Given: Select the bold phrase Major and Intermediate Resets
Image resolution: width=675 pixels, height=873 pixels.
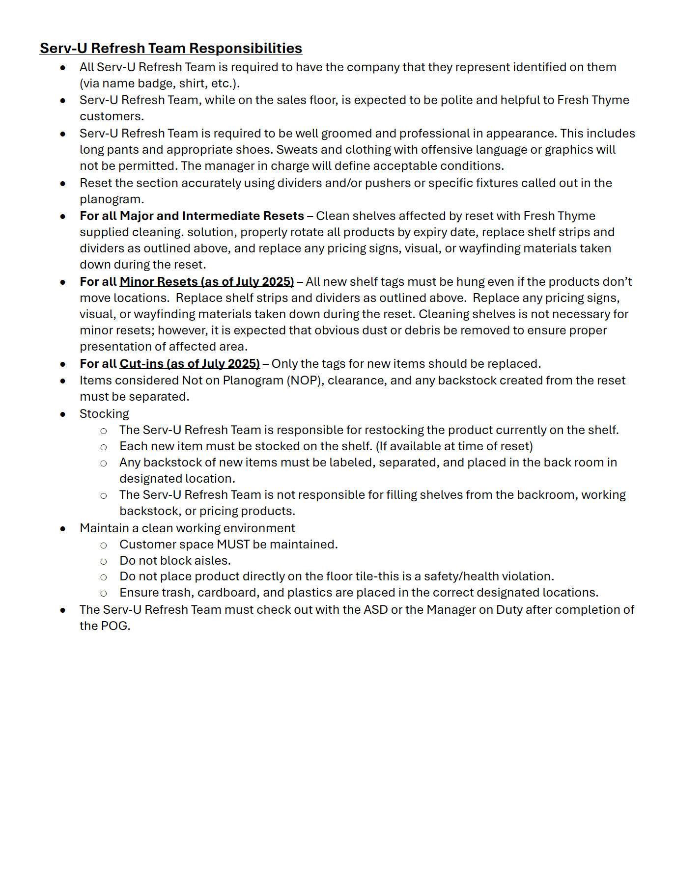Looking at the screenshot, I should [x=212, y=216].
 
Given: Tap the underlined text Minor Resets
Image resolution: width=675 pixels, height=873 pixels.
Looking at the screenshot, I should [x=158, y=282].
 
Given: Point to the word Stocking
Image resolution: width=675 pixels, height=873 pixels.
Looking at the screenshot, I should [x=104, y=414].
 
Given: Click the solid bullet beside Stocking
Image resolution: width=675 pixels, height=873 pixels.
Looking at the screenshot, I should [x=63, y=414].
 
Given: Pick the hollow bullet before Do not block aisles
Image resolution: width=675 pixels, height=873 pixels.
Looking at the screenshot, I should [x=104, y=561].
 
